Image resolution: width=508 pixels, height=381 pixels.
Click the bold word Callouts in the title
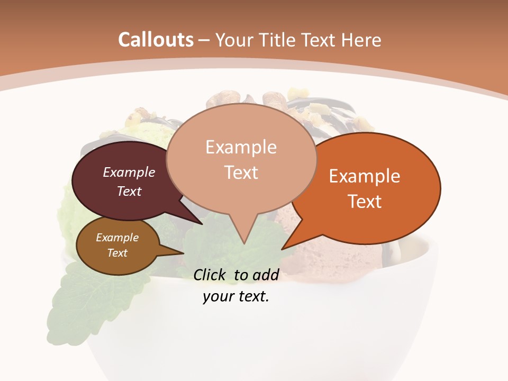[x=156, y=40]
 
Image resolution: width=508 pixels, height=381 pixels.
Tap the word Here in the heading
[x=361, y=40]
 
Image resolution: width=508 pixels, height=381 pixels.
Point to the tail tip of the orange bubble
[x=283, y=248]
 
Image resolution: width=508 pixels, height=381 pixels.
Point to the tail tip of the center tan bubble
[x=243, y=243]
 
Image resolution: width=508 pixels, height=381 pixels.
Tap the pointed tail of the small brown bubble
[x=183, y=253]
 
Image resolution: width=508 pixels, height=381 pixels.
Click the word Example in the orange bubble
[x=365, y=176]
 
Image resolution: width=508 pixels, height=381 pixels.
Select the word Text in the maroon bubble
[x=129, y=192]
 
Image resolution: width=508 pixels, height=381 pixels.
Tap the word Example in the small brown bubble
[x=117, y=238]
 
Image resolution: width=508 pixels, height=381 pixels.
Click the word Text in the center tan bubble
[x=241, y=173]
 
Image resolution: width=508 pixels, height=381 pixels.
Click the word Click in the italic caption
[x=210, y=274]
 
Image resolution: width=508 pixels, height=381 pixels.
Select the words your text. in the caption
[x=236, y=296]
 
